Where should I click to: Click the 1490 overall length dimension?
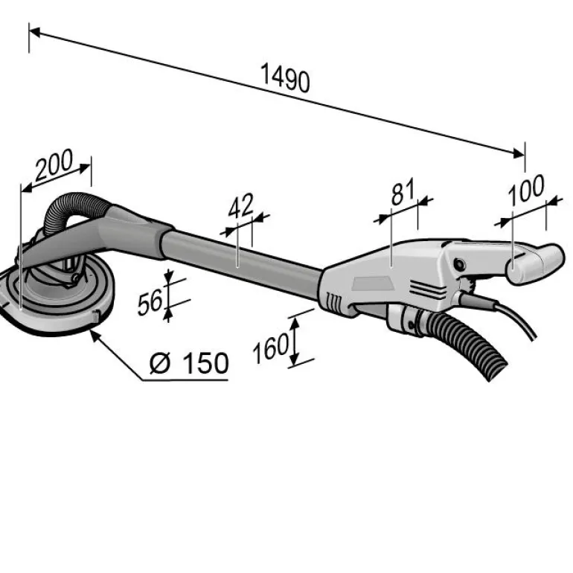(x=285, y=79)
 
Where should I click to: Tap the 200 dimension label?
(x=54, y=165)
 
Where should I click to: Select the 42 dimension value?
(x=241, y=206)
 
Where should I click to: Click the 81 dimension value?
(x=403, y=193)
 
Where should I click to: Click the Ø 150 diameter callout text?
(x=188, y=363)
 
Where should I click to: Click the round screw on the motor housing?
(x=460, y=263)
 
